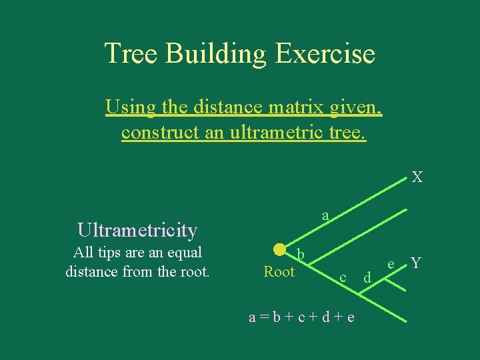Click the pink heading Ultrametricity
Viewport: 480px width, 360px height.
click(137, 230)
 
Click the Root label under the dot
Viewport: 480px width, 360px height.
click(279, 271)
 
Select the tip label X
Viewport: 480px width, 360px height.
click(417, 177)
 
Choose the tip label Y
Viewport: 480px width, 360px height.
click(416, 263)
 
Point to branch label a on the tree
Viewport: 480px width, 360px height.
click(325, 215)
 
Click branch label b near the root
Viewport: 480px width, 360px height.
click(301, 255)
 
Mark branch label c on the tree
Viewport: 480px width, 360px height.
click(342, 277)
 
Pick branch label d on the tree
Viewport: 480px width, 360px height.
click(367, 277)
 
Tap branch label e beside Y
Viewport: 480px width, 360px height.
click(392, 265)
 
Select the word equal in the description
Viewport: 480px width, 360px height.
click(184, 253)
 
